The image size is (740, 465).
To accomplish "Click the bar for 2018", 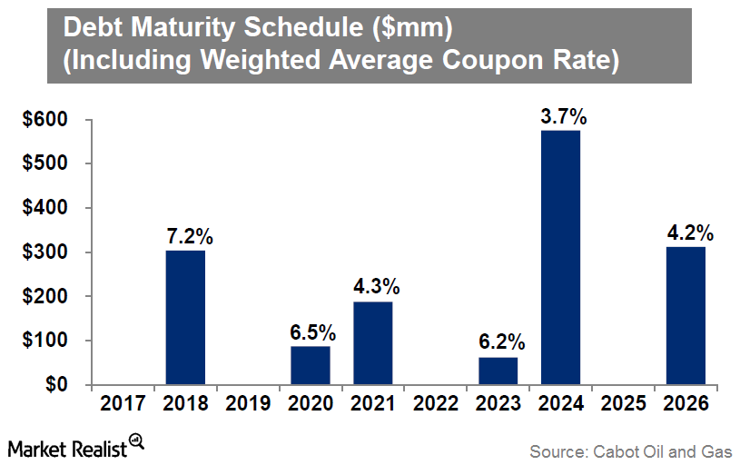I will (185, 317).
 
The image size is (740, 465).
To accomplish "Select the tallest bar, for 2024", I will (560, 257).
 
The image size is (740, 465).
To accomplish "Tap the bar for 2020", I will (311, 365).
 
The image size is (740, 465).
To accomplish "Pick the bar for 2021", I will (372, 342).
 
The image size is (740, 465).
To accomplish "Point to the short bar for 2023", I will (498, 371).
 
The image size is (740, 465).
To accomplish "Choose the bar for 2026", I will (686, 315).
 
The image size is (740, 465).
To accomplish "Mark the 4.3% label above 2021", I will (376, 287).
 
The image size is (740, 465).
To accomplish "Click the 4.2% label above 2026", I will (688, 232).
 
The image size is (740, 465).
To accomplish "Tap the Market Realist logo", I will (77, 446).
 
